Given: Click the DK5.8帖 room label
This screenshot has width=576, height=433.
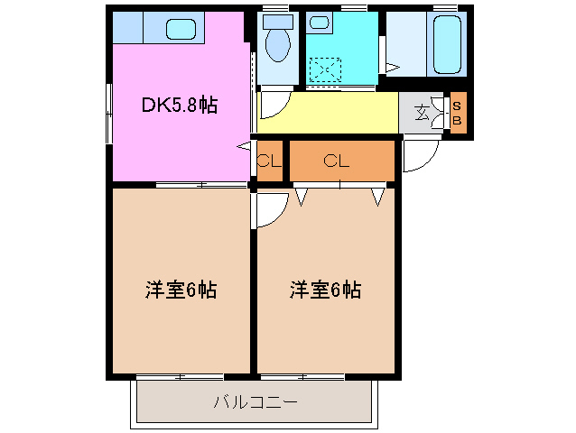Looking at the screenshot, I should click(x=179, y=105).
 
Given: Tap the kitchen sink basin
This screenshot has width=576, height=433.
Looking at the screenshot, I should click(x=181, y=29).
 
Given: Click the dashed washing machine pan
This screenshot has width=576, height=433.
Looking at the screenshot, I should click(x=325, y=69).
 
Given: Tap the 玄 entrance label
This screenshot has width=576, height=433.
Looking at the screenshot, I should click(x=423, y=113).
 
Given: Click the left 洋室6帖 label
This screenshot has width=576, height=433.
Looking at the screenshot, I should click(x=181, y=290).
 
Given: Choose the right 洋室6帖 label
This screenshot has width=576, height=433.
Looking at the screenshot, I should click(x=325, y=290).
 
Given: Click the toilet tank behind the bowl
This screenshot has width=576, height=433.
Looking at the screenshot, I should click(x=274, y=21).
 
